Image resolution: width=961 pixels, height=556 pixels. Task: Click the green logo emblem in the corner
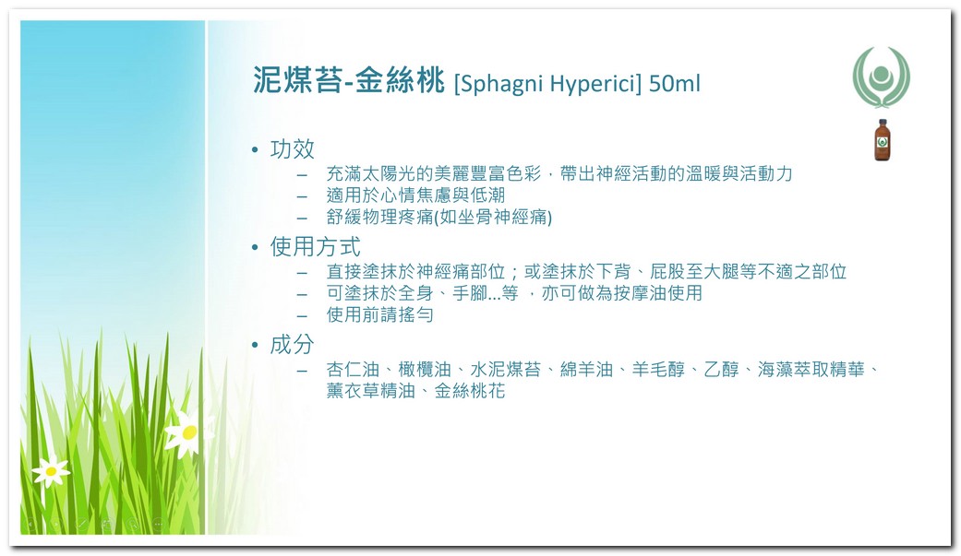(x=882, y=77)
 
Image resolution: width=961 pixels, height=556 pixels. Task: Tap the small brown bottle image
(x=882, y=140)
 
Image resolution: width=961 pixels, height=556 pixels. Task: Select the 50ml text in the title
(x=674, y=83)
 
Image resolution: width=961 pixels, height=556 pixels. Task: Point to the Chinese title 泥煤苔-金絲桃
(x=349, y=80)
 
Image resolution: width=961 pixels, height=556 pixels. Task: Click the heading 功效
(x=293, y=148)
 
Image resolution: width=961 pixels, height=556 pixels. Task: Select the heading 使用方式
(x=315, y=247)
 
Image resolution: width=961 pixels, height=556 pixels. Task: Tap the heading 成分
(x=293, y=345)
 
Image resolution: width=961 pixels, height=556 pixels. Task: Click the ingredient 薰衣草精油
(x=371, y=391)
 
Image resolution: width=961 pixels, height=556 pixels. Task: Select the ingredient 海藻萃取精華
(x=811, y=369)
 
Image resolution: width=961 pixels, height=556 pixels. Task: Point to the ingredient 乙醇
(x=721, y=369)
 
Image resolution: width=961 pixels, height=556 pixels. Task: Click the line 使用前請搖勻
(x=380, y=314)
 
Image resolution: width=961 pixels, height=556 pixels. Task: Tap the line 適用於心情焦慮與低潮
(x=415, y=195)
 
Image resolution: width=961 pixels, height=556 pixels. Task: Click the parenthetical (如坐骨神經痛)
(x=493, y=217)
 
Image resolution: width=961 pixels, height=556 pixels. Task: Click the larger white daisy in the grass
(x=188, y=432)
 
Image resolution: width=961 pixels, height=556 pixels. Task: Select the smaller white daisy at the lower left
(x=51, y=471)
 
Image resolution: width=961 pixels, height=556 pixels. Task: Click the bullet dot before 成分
(x=255, y=346)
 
